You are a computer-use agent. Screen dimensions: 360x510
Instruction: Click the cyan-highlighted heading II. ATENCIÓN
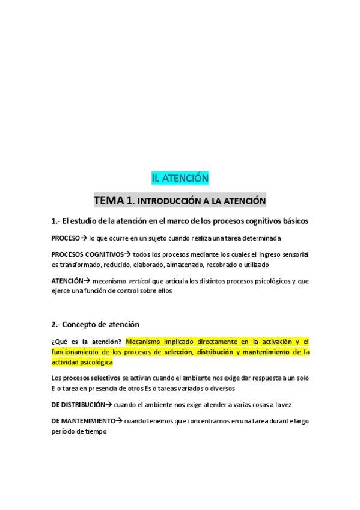coord(180,179)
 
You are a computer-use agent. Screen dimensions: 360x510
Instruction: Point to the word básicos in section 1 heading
coord(291,221)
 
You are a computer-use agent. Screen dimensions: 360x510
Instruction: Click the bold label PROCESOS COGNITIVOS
coord(87,254)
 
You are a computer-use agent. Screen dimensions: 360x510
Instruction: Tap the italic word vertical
coord(139,281)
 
